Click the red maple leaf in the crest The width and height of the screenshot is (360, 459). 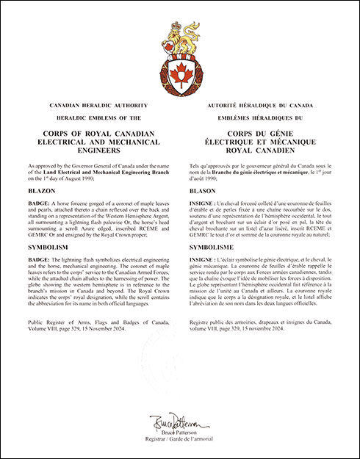coord(180,72)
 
